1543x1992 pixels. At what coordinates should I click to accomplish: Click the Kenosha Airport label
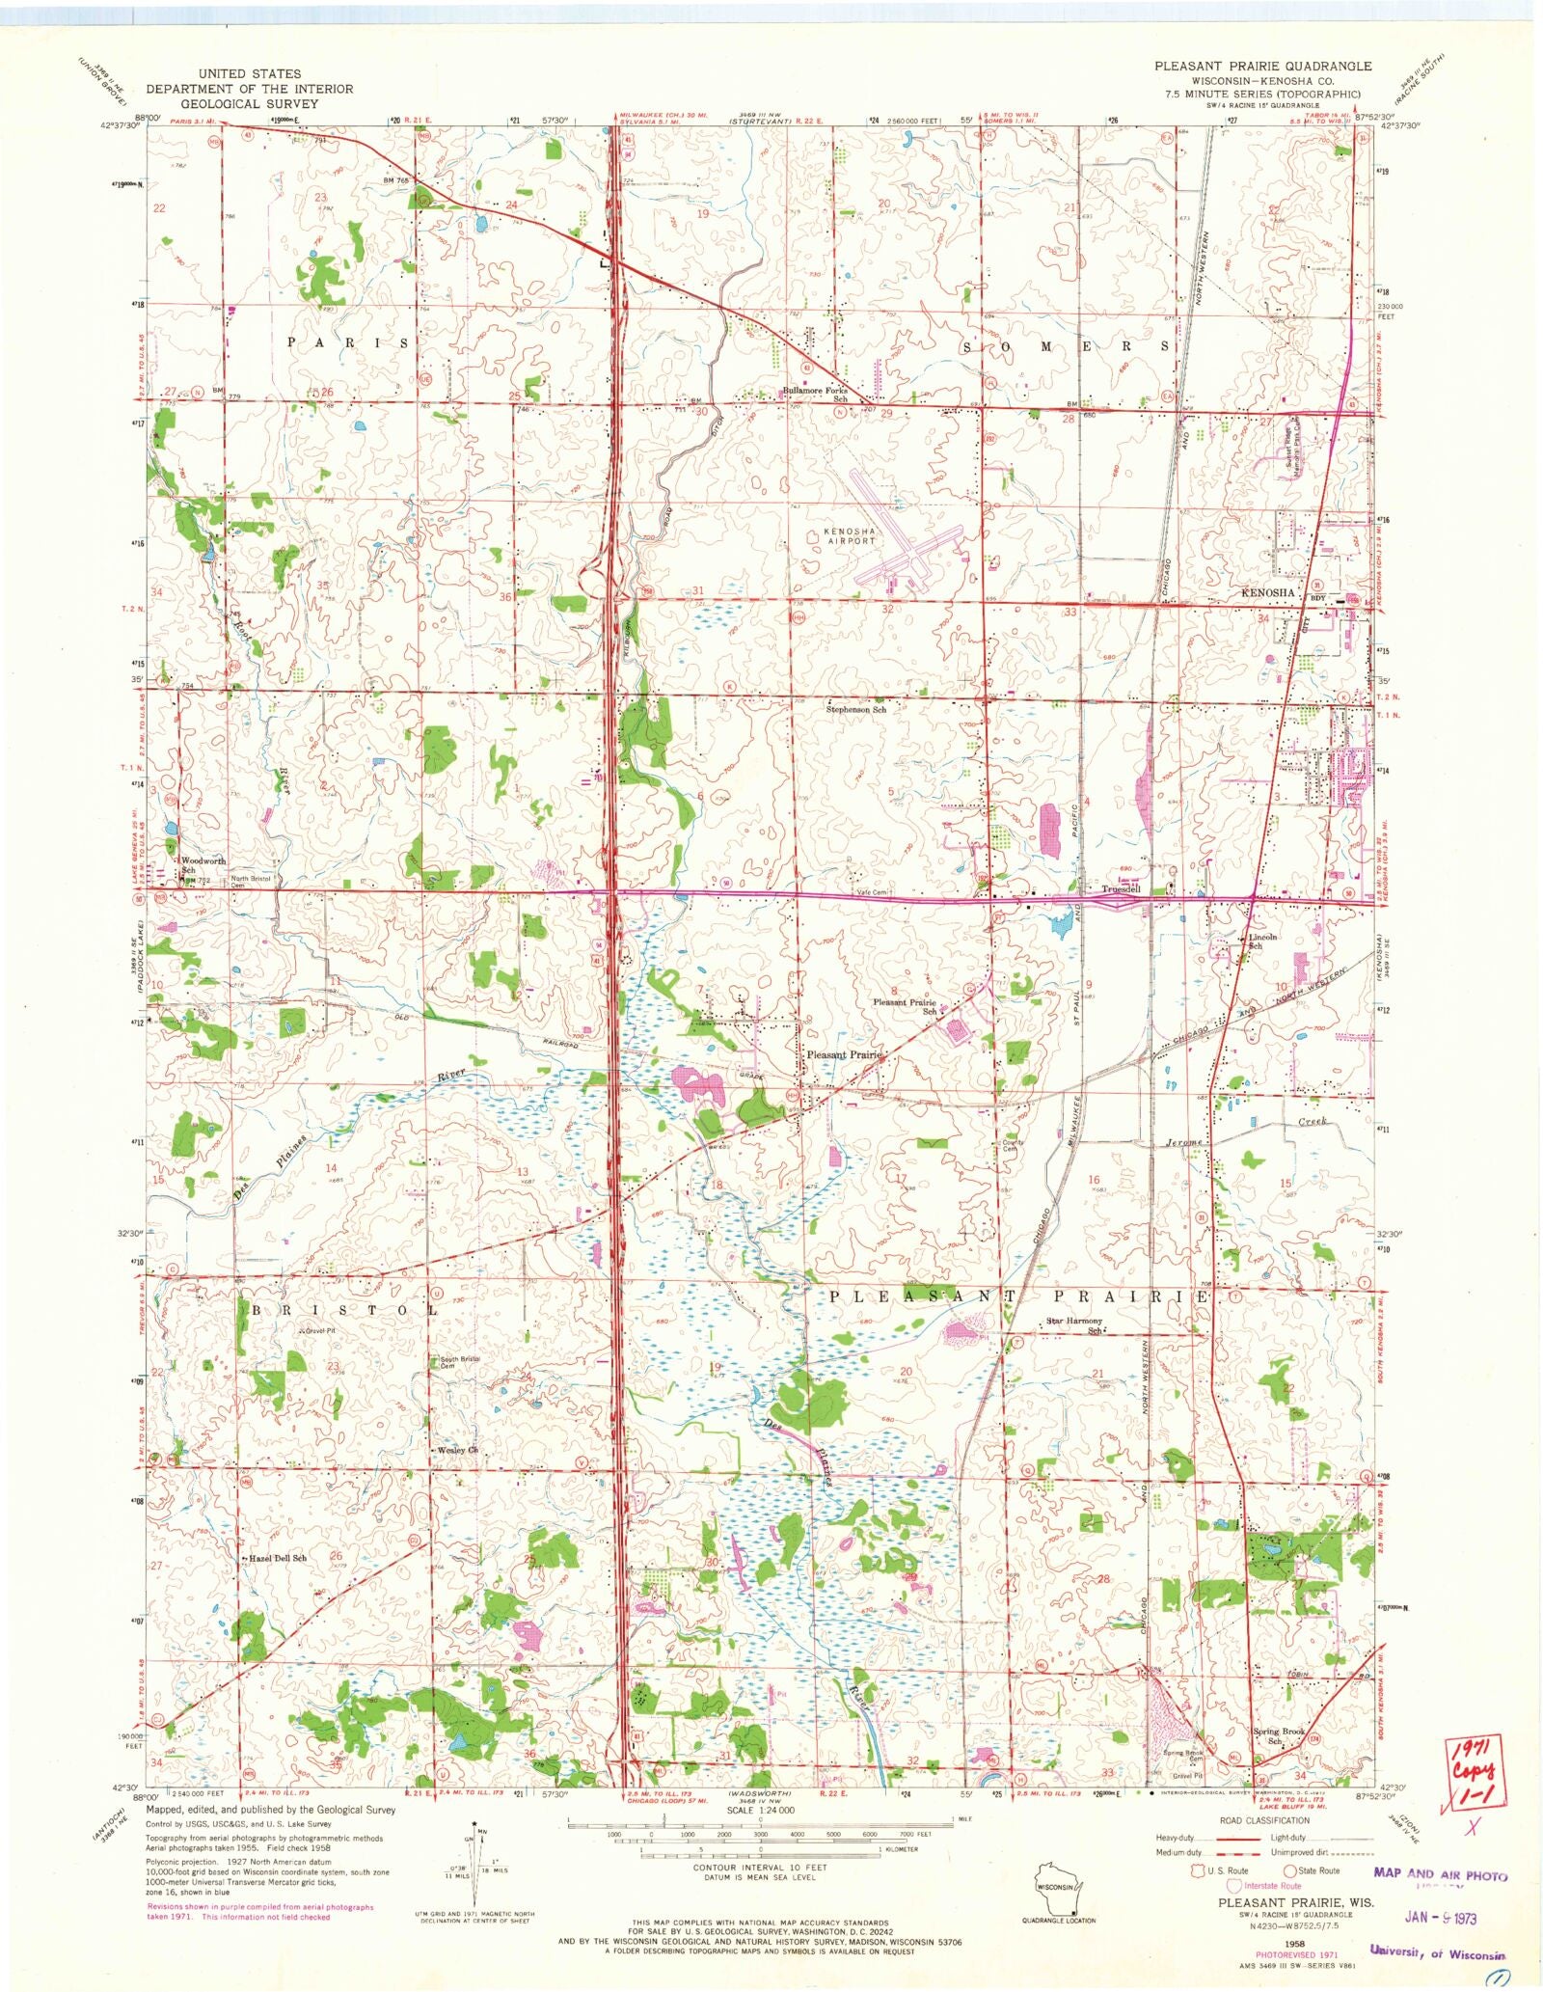[850, 536]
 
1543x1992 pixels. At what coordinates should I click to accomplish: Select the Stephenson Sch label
[855, 709]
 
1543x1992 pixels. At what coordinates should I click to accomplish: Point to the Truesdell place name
[1123, 888]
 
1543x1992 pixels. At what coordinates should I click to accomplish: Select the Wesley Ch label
[457, 1450]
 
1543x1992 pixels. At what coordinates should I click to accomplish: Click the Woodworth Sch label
[202, 864]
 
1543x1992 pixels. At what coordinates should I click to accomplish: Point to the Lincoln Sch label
[1262, 941]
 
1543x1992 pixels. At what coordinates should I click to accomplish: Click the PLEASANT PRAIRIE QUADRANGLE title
[1263, 66]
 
